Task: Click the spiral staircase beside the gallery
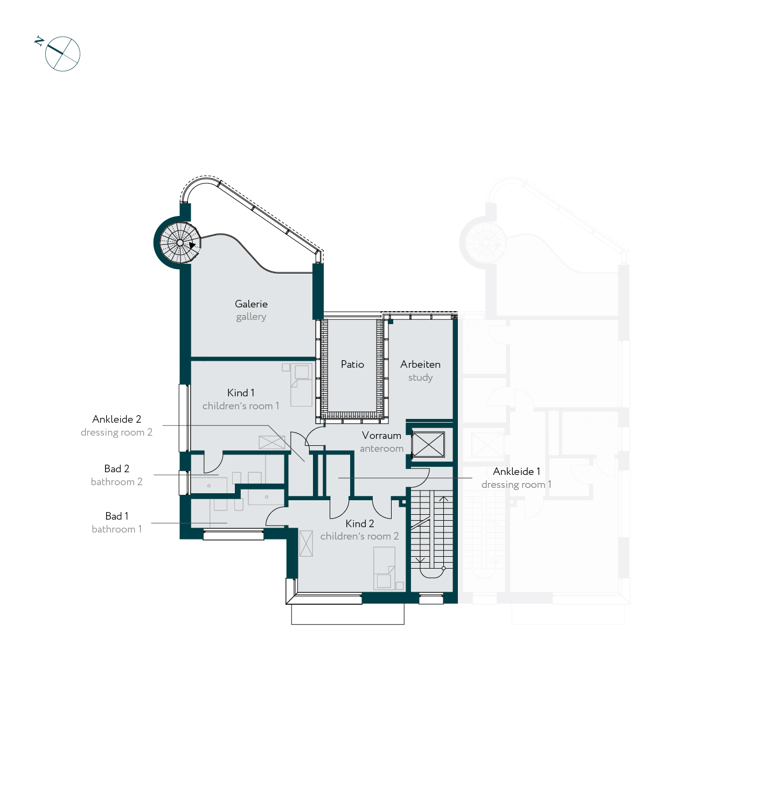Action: click(180, 243)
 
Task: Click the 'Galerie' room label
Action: click(251, 304)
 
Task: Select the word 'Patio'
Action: click(352, 364)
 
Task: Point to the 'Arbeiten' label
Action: click(420, 364)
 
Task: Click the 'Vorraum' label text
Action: click(381, 435)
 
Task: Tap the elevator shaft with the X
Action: click(428, 444)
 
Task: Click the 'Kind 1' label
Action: click(241, 393)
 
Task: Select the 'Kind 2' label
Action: click(360, 523)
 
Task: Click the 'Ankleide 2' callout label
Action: click(116, 419)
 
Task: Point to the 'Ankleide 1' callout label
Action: click(516, 471)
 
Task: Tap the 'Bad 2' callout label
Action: click(116, 468)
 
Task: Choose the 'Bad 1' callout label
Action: click(117, 516)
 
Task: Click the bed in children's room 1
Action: click(301, 385)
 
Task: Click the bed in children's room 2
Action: click(384, 568)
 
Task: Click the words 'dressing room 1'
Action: click(516, 485)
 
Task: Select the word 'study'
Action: click(420, 377)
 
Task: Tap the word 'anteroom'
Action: click(381, 449)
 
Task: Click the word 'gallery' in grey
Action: click(251, 317)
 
